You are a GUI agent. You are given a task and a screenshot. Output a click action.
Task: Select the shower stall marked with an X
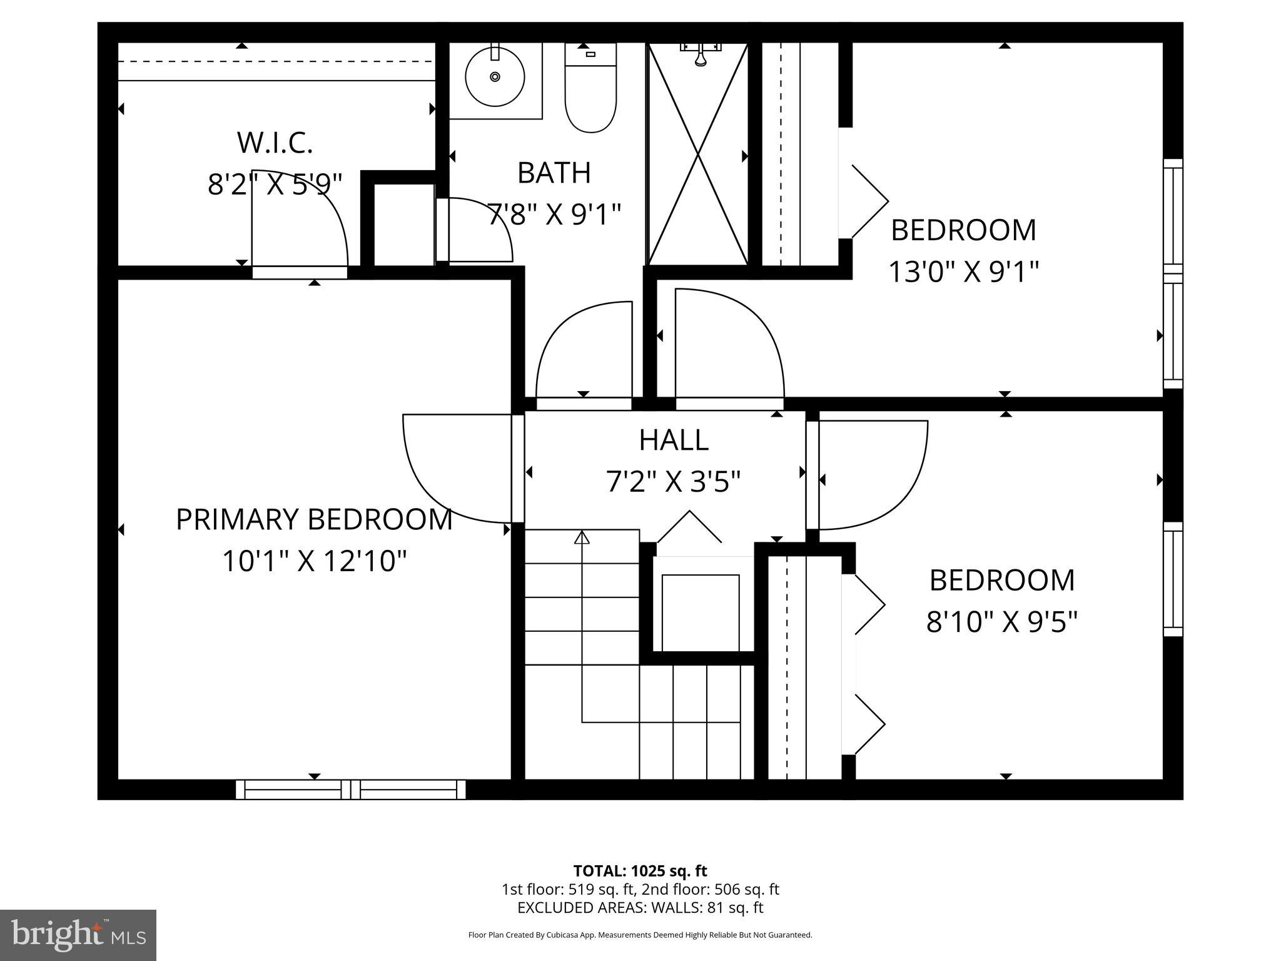(x=697, y=154)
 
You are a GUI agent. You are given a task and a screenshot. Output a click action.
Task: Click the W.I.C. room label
(x=275, y=143)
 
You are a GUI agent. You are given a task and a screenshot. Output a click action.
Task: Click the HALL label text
(x=674, y=440)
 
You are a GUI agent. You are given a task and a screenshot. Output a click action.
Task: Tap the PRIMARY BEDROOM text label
(x=314, y=520)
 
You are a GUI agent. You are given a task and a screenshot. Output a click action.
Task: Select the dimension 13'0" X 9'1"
(x=963, y=272)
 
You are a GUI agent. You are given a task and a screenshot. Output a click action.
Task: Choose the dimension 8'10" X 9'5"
(x=1001, y=622)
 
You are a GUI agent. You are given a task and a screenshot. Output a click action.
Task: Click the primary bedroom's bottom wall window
(x=350, y=789)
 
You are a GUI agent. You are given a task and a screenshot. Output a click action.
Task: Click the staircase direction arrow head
(x=582, y=537)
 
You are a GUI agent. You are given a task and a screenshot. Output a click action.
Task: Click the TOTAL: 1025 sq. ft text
(x=640, y=871)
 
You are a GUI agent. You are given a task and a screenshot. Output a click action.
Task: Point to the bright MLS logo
(x=78, y=935)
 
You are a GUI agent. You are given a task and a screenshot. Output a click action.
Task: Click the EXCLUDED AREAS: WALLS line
(x=640, y=907)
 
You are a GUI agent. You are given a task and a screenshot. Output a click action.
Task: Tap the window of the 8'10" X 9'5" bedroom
(x=1173, y=579)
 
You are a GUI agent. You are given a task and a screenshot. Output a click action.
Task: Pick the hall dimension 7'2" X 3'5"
(x=674, y=482)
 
